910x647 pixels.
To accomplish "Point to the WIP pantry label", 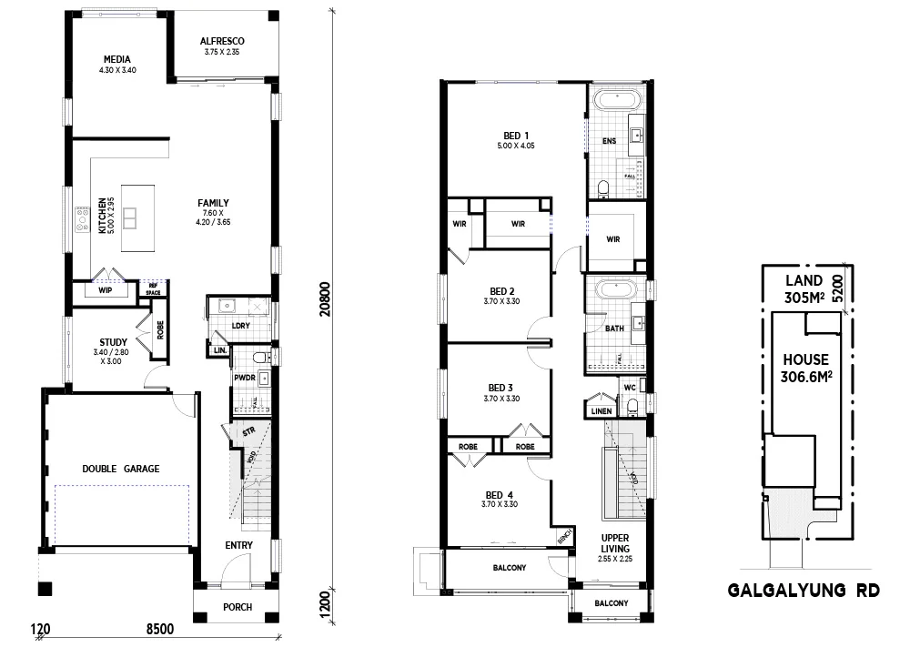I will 105,291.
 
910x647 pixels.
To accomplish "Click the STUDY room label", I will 114,342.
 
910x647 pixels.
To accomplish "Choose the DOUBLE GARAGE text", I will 120,469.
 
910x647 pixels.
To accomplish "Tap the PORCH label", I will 237,608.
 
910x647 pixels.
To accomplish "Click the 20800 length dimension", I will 325,296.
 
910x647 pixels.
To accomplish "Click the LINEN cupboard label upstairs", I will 602,411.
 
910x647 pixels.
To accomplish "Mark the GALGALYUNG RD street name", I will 804,591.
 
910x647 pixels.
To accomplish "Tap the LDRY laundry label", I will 241,325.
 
